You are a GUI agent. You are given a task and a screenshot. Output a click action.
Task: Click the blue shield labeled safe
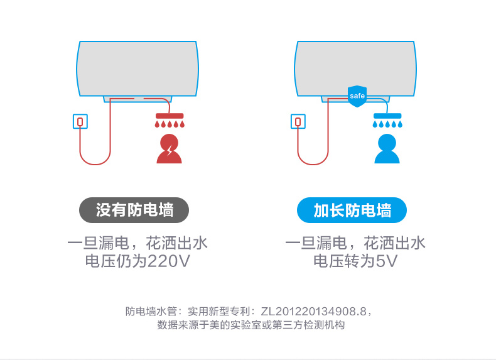[357, 96]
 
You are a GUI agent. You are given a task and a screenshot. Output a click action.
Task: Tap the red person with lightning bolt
[170, 149]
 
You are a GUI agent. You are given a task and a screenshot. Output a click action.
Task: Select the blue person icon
[387, 149]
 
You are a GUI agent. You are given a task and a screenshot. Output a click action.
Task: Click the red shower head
[170, 120]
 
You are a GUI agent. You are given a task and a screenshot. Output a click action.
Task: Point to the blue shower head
[387, 120]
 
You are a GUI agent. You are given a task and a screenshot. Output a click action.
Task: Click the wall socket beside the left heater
[80, 121]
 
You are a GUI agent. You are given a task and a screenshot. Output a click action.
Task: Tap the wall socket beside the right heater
[298, 121]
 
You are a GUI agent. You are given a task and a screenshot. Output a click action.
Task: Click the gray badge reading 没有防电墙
[134, 210]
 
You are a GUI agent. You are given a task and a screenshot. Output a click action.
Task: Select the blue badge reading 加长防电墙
[352, 210]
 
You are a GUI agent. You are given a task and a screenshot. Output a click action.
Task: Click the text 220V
[169, 261]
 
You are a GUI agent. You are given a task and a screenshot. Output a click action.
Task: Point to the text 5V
[385, 261]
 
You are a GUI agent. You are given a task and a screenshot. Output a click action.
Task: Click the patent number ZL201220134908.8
[313, 312]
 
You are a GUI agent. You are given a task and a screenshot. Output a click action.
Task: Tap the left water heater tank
[137, 68]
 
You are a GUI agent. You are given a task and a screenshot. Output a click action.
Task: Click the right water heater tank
[355, 68]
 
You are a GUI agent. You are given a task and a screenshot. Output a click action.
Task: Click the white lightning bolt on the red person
[170, 150]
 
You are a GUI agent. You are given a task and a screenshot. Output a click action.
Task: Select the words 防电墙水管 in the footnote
[151, 312]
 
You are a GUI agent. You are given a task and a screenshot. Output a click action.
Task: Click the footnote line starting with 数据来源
[251, 325]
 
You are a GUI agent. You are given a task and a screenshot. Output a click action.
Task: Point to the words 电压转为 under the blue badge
[344, 261]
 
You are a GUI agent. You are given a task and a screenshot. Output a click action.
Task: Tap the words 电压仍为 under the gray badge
[116, 261]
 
